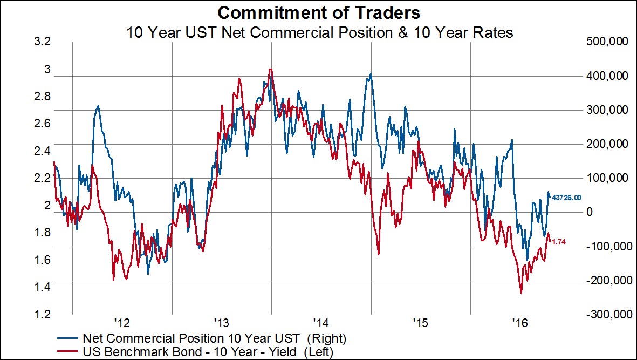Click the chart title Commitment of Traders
318,12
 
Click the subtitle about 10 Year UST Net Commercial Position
319,32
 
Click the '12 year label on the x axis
123,323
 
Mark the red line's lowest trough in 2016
521,293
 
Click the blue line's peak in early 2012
98,106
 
